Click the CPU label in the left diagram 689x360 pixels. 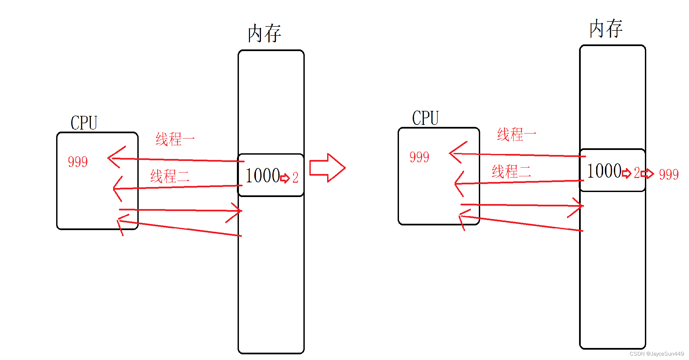pyautogui.click(x=84, y=123)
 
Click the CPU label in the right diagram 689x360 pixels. pyautogui.click(x=425, y=118)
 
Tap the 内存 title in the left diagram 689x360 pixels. pyautogui.click(x=264, y=33)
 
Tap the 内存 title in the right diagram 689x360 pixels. pyautogui.click(x=605, y=29)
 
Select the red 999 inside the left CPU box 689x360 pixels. pyautogui.click(x=78, y=162)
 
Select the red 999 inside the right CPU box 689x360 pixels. pyautogui.click(x=419, y=157)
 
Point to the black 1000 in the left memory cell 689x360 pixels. pyautogui.click(x=263, y=176)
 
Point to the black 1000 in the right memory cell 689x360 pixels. pyautogui.click(x=604, y=171)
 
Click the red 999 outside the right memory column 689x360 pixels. pyautogui.click(x=669, y=174)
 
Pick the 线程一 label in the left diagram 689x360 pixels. pyautogui.click(x=175, y=139)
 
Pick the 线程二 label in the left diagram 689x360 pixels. pyautogui.click(x=170, y=176)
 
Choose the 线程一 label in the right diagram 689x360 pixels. pyautogui.click(x=516, y=135)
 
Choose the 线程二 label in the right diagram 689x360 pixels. pyautogui.click(x=511, y=172)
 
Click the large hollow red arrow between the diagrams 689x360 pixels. pyautogui.click(x=327, y=168)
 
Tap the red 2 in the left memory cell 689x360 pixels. pyautogui.click(x=295, y=178)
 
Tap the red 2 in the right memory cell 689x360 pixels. pyautogui.click(x=637, y=173)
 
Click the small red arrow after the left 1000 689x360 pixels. pyautogui.click(x=285, y=178)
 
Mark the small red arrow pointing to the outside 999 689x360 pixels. pyautogui.click(x=648, y=174)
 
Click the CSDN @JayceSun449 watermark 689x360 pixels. pyautogui.click(x=657, y=354)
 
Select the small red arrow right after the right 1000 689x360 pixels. pyautogui.click(x=627, y=173)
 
